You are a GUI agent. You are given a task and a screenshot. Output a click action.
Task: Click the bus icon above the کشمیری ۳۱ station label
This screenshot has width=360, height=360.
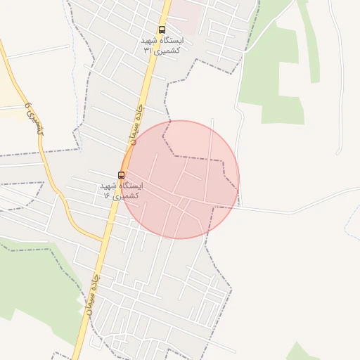pos(162,30)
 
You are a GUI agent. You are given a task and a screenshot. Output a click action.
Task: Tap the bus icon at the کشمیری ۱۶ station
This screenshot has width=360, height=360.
pos(122,175)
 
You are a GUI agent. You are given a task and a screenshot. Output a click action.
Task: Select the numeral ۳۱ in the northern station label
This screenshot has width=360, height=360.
pos(147,50)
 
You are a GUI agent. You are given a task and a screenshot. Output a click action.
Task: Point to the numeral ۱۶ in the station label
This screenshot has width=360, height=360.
pos(108,195)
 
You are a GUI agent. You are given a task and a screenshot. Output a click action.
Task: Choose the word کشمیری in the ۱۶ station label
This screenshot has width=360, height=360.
pos(127,195)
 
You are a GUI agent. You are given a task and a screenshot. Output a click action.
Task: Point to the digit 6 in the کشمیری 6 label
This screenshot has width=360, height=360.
pos(28,105)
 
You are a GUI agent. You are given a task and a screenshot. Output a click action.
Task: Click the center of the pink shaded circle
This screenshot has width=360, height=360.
pos(180,179)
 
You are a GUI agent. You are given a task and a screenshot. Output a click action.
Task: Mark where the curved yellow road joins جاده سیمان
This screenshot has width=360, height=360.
pos(104,239)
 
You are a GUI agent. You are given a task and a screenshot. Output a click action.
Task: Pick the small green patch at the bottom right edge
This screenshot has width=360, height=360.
pos(302,352)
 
